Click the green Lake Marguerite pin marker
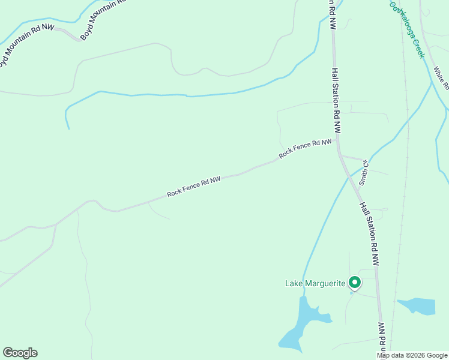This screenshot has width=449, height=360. click(x=355, y=282)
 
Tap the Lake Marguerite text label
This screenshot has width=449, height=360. click(x=316, y=283)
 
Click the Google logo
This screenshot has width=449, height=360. click(x=20, y=353)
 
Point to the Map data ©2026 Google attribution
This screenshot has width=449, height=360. click(x=412, y=355)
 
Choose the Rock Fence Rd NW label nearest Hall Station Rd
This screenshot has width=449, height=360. click(x=305, y=149)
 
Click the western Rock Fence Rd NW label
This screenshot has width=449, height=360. click(x=194, y=187)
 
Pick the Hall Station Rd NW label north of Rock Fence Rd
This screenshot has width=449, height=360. click(x=336, y=100)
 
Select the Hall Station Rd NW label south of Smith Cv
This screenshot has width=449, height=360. click(x=370, y=233)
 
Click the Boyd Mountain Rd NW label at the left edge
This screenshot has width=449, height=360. click(x=27, y=43)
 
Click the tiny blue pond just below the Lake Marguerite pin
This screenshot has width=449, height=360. click(x=352, y=293)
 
